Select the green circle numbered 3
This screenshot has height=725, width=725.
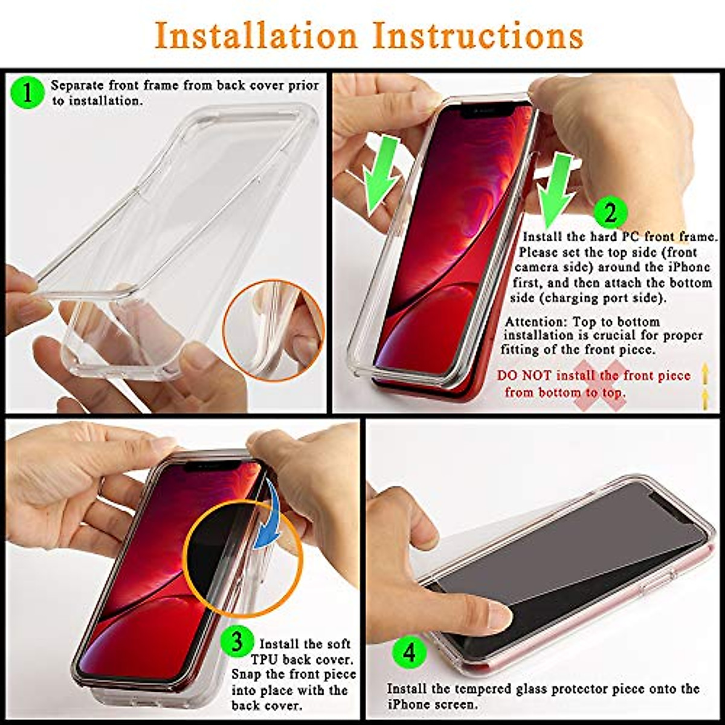pyautogui.click(x=237, y=642)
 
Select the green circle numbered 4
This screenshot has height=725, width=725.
pyautogui.click(x=410, y=652)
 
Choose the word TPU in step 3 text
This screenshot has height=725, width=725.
pyautogui.click(x=264, y=659)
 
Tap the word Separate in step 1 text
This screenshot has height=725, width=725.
pyautogui.click(x=77, y=85)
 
